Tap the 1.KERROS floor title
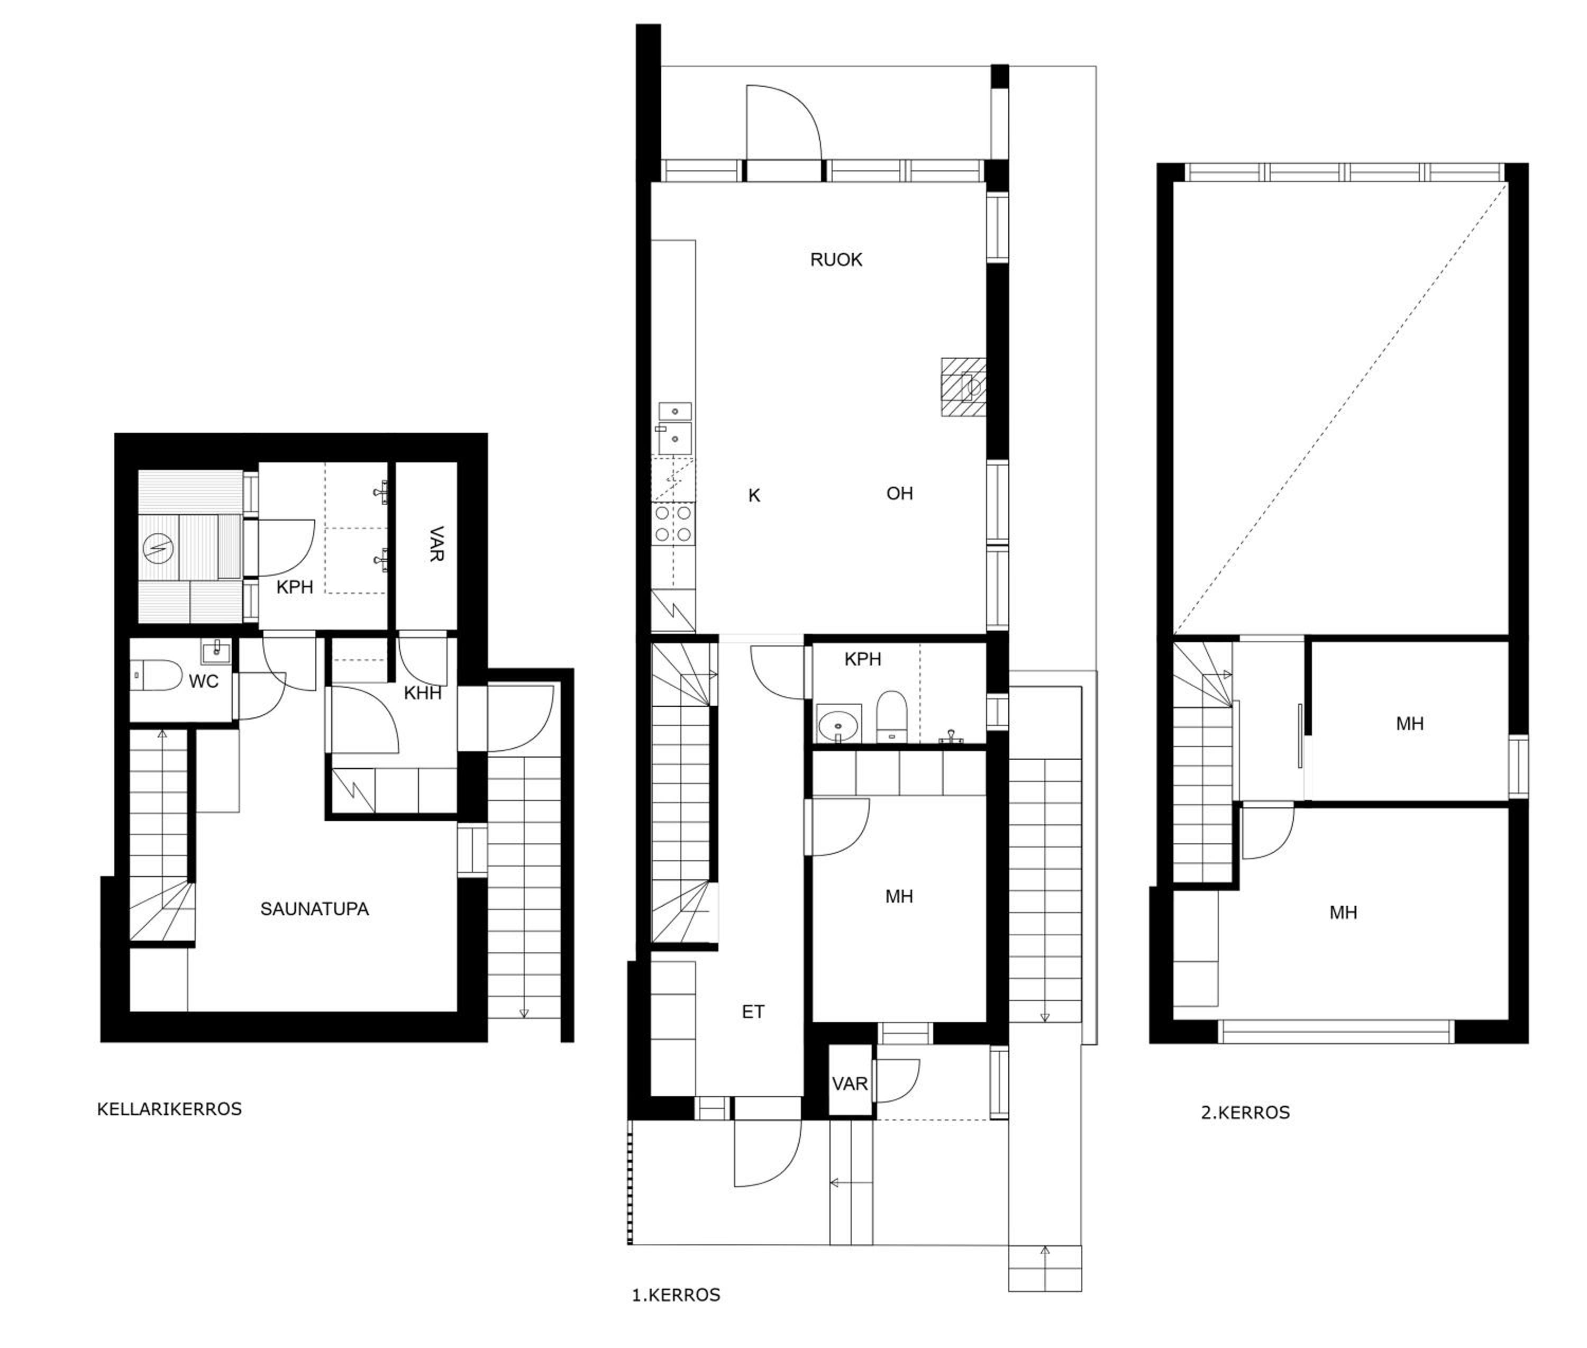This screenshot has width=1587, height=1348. pyautogui.click(x=676, y=1295)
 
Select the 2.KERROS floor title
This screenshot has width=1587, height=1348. pyautogui.click(x=1245, y=1113)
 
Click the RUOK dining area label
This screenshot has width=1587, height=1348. pyautogui.click(x=836, y=260)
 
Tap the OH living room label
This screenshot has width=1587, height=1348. pyautogui.click(x=899, y=494)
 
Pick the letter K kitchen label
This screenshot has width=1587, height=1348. pyautogui.click(x=754, y=496)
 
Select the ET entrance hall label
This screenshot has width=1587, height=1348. pyautogui.click(x=753, y=1012)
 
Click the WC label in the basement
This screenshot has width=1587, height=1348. pyautogui.click(x=203, y=681)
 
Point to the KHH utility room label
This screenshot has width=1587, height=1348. pyautogui.click(x=423, y=693)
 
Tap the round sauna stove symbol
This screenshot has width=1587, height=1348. pyautogui.click(x=158, y=547)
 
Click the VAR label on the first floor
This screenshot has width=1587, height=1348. pyautogui.click(x=850, y=1083)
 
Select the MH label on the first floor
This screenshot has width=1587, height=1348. pyautogui.click(x=899, y=896)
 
